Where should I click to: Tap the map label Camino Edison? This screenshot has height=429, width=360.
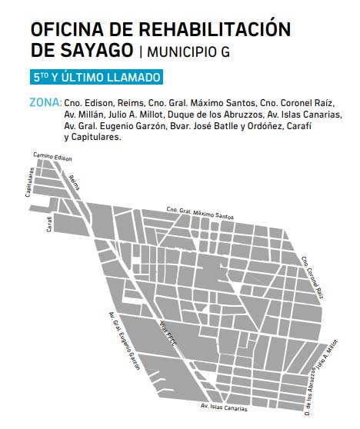[x=52, y=157]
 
